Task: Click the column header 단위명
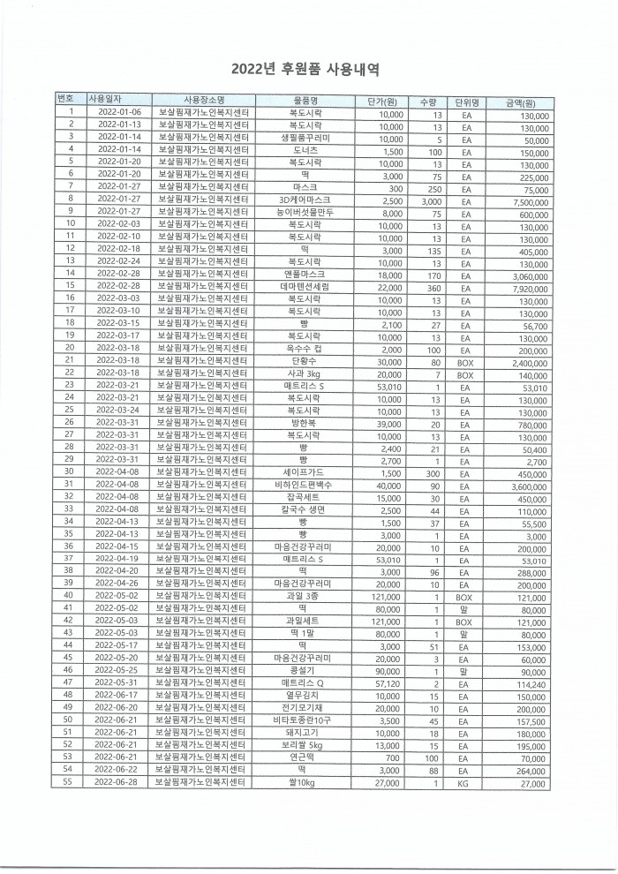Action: pos(466,101)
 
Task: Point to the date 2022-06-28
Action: pos(119,783)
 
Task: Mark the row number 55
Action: pos(69,783)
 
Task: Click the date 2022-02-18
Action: pos(119,250)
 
